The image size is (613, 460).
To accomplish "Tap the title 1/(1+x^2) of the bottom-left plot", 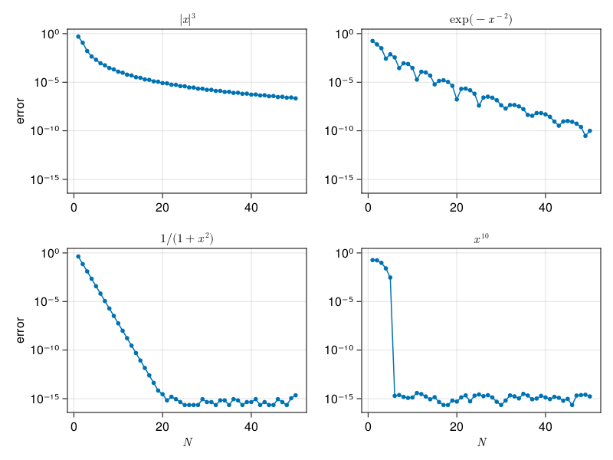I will coord(187,238).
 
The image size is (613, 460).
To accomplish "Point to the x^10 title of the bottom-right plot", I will coord(481,239).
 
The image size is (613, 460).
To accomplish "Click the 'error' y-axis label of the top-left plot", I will coord(21,111).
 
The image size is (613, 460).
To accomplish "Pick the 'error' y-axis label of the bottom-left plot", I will coord(21,330).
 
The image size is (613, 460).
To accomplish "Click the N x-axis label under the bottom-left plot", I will coord(187,442).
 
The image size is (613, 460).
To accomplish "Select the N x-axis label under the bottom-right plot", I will coord(481,442).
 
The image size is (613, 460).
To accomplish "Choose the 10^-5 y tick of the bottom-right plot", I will coord(342,301).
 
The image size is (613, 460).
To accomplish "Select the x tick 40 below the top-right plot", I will coord(546,205).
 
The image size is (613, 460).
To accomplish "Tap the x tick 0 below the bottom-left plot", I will coord(74,425).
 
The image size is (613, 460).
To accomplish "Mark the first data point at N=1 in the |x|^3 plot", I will coord(78,36).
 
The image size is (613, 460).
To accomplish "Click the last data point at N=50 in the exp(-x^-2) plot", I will coord(590,131).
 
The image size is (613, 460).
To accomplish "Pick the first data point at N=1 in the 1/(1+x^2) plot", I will coord(78,256).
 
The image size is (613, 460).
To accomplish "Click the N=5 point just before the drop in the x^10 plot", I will coord(390,278).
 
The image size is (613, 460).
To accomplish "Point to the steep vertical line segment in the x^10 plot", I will coord(392,337).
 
